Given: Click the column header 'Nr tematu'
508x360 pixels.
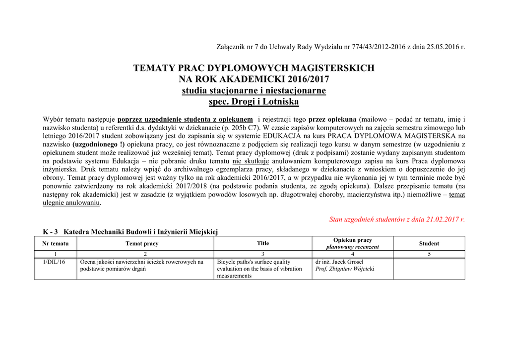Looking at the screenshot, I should pos(56,243).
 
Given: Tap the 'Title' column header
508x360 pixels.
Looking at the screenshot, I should pos(263,243).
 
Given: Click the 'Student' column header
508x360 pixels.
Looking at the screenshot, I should pos(429,243).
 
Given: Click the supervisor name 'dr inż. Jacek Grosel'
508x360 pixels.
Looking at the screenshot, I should pos(339,262).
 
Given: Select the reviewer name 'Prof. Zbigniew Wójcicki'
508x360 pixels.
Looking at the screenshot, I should pos(345,269).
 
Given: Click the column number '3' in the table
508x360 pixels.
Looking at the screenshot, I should pos(263,254).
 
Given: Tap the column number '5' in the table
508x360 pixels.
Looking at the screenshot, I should pos(429,254).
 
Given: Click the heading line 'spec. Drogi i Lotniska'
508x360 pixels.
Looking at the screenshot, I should pos(254,102).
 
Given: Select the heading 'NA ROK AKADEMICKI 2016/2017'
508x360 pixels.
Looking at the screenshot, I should pos(254,79).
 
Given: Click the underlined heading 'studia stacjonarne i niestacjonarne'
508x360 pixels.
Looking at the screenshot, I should pos(254,90).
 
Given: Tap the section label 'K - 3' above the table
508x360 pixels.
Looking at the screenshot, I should pos(50,231).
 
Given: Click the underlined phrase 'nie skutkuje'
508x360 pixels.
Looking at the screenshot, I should pos(251,161).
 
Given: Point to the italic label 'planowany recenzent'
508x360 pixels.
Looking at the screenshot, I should pos(352,247).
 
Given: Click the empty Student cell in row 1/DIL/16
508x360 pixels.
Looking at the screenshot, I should pos(429,269).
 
